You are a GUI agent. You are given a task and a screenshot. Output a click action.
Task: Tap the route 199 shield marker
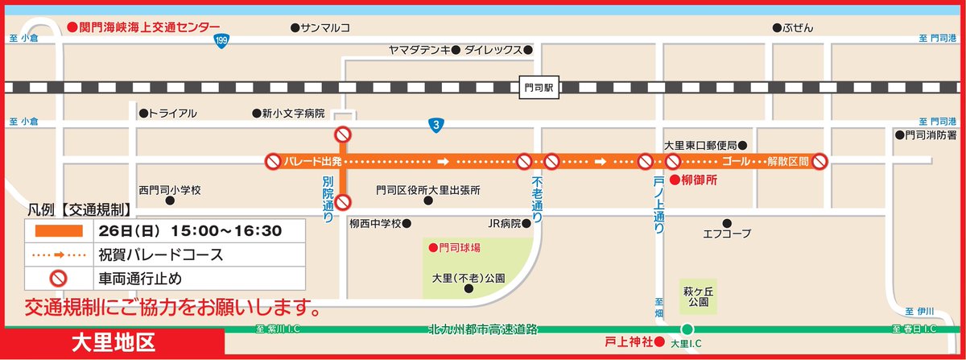pyautogui.click(x=220, y=40)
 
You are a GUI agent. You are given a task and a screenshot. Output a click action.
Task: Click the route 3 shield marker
pyautogui.click(x=435, y=125)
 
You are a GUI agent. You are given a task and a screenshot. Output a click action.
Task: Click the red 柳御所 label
pyautogui.click(x=695, y=180)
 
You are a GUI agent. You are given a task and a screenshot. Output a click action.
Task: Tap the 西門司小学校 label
pyautogui.click(x=169, y=191)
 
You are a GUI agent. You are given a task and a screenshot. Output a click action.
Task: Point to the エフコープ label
pyautogui.click(x=726, y=233)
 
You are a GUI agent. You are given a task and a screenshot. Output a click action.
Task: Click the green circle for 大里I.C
pyautogui.click(x=687, y=329)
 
